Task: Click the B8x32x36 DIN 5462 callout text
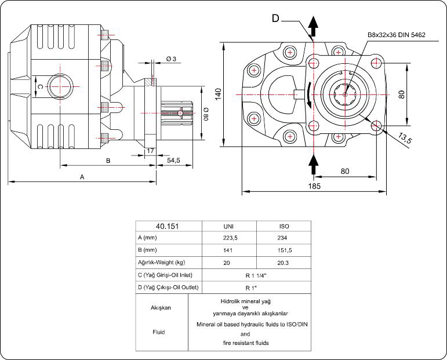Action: point(397,35)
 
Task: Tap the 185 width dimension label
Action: point(315,186)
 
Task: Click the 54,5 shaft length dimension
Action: point(173,159)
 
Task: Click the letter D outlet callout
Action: point(276,18)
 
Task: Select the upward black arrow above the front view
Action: point(314,26)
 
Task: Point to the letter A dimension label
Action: point(82,177)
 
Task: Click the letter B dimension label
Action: point(108,161)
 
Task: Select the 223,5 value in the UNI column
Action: point(228,238)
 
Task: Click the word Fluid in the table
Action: point(159,332)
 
